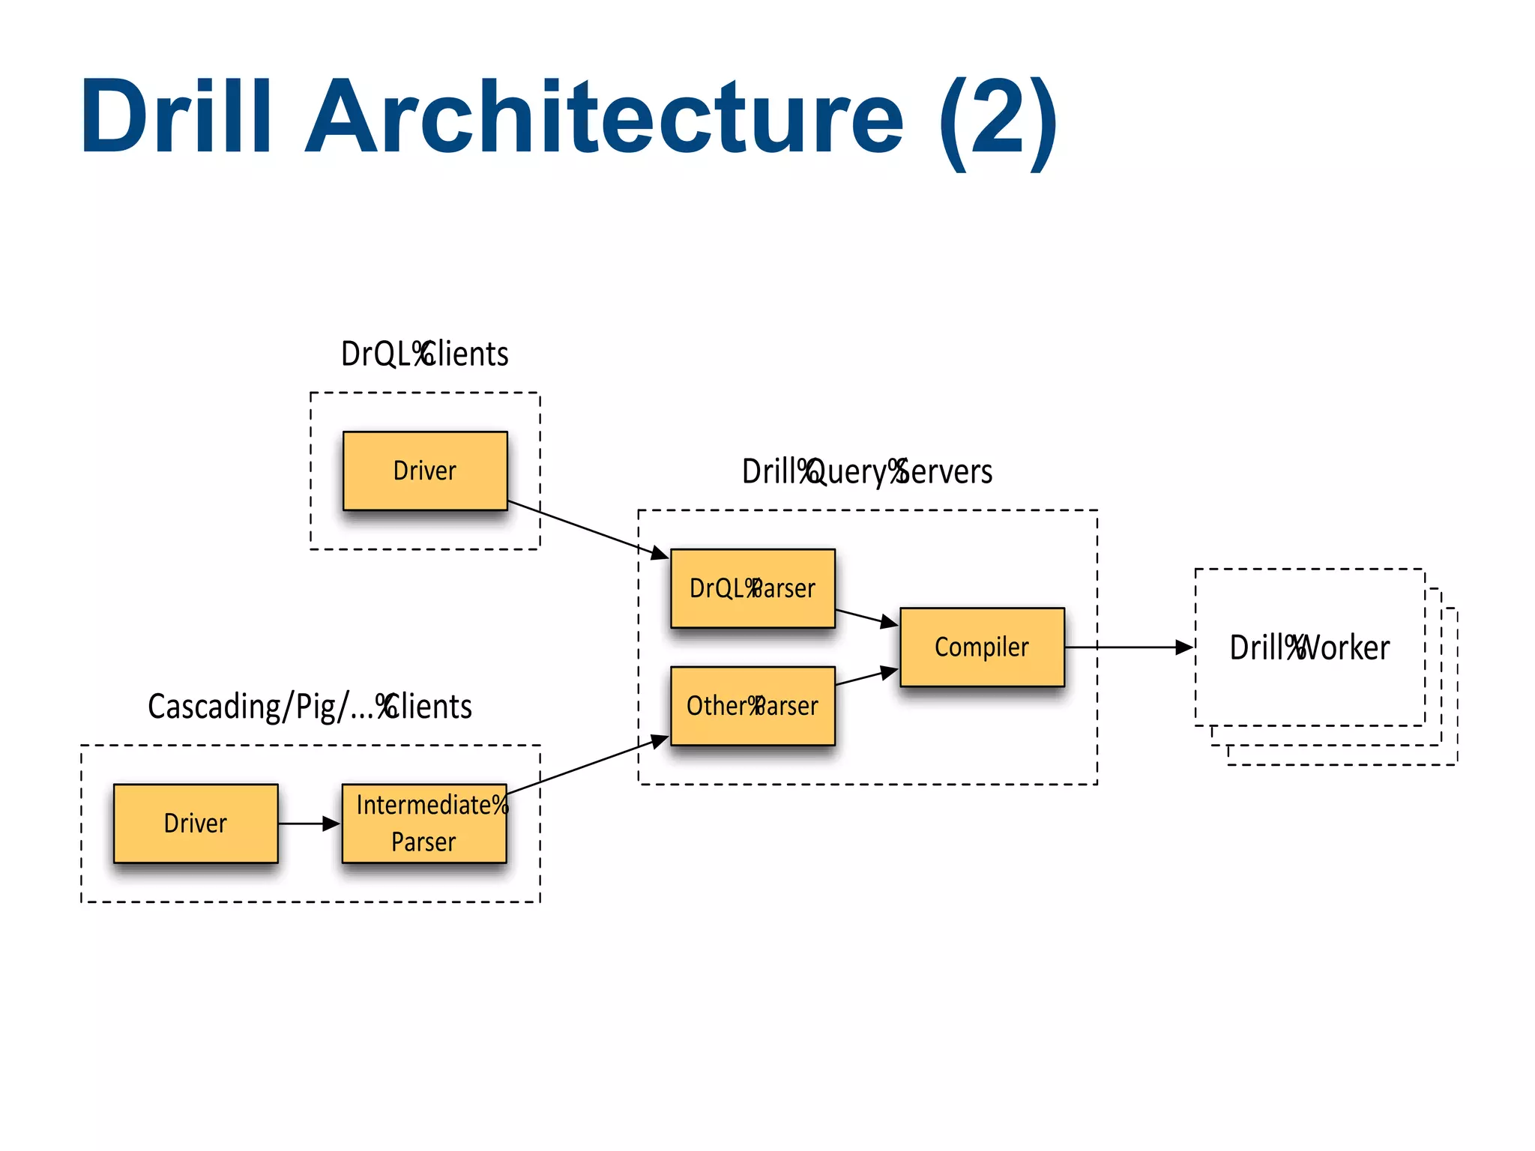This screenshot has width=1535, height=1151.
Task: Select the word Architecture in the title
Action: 604,117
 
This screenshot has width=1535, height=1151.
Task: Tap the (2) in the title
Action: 997,120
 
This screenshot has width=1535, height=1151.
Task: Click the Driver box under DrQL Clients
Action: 425,471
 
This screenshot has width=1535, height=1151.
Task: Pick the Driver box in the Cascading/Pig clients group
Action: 196,823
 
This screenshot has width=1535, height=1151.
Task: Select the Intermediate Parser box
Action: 423,823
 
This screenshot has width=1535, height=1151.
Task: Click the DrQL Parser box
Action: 753,588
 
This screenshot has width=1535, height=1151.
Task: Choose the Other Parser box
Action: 753,706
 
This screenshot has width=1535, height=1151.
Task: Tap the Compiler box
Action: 982,647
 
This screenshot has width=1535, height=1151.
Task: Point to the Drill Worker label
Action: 1309,647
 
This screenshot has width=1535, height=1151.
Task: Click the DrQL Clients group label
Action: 424,354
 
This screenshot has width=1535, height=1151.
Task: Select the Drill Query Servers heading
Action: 867,472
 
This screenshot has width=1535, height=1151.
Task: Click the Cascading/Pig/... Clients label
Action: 310,707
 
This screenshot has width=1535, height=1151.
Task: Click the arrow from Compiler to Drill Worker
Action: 1124,647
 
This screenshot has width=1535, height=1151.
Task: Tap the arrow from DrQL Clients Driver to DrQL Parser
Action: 585,528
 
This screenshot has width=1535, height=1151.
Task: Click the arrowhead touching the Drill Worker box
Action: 1185,647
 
